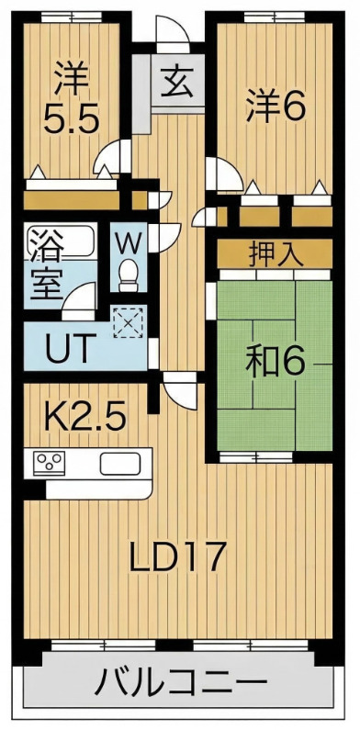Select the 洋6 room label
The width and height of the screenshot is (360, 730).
tap(275, 107)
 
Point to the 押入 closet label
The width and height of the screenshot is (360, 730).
tap(275, 254)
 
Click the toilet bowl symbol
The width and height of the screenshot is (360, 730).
tap(129, 272)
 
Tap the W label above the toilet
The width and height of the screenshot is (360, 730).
tap(129, 244)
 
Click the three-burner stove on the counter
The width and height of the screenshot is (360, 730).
tap(48, 462)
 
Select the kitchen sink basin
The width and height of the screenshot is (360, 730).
tap(118, 462)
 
